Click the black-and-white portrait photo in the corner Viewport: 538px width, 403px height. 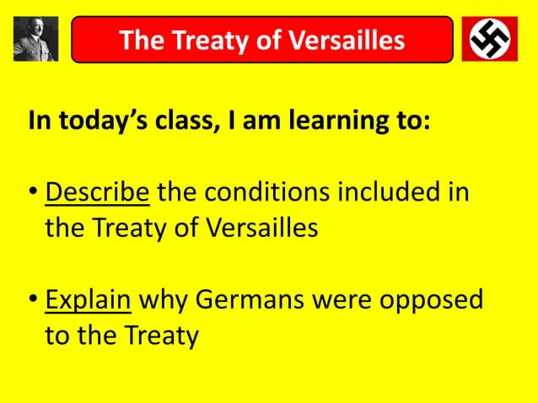(35, 39)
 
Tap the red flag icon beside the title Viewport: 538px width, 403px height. (489, 39)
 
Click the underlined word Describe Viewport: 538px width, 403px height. (97, 195)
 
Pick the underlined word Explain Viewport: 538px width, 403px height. (88, 301)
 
